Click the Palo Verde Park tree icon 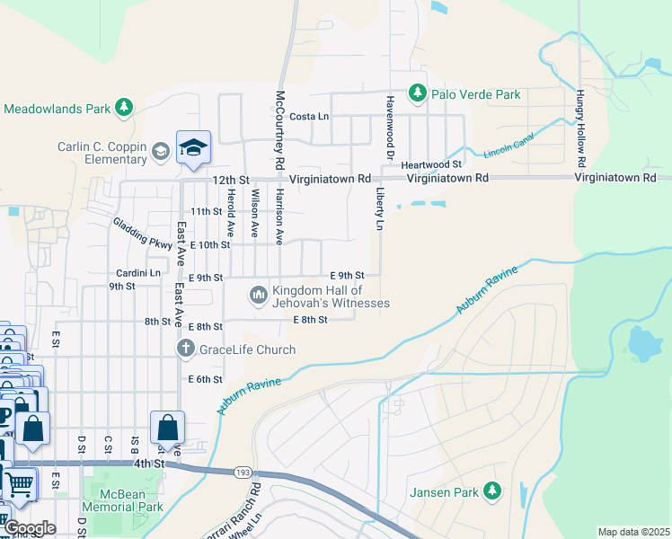417,93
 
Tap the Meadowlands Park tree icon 125,109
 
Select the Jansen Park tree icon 491,490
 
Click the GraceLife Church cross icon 186,349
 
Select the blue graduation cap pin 193,148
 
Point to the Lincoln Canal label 508,144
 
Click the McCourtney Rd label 280,130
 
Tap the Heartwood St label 431,164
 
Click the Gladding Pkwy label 142,233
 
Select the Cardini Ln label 137,272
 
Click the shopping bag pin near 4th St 167,429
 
